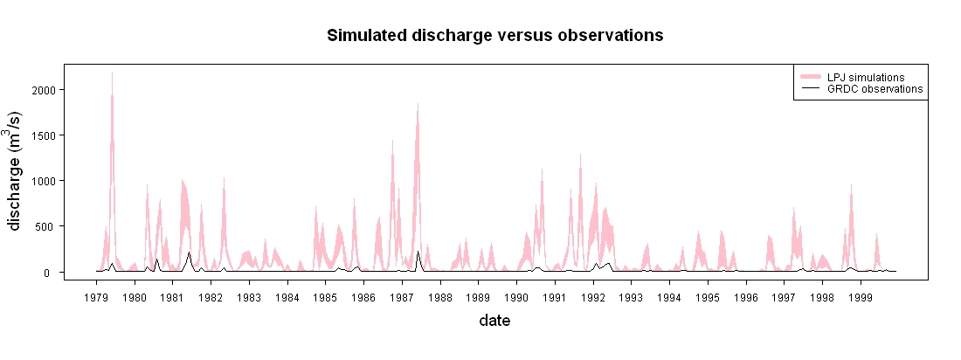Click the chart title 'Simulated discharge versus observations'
[x=494, y=36]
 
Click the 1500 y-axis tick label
[x=44, y=135]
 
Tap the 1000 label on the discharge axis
[x=44, y=181]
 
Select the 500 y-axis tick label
[x=46, y=226]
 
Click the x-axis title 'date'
[x=494, y=320]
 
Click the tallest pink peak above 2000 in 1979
[x=112, y=73]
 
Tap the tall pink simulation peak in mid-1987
[x=418, y=104]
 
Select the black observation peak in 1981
[x=189, y=253]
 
